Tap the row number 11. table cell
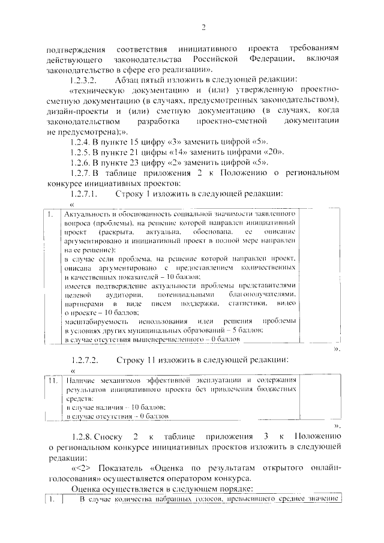coord(53,380)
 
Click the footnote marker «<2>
coord(82,467)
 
